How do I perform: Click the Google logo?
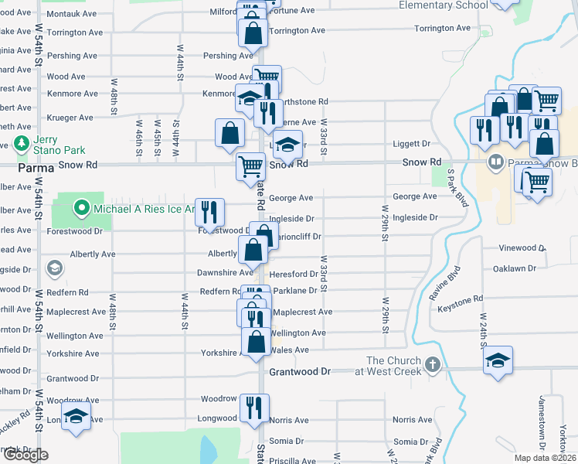click(25, 455)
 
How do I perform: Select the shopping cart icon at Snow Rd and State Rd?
click(250, 165)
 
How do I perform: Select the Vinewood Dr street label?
click(522, 248)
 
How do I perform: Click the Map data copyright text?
click(545, 458)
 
